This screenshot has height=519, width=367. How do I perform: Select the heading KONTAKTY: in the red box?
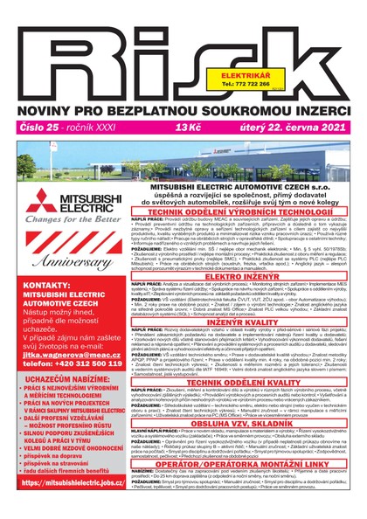pyautogui.click(x=33, y=310)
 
